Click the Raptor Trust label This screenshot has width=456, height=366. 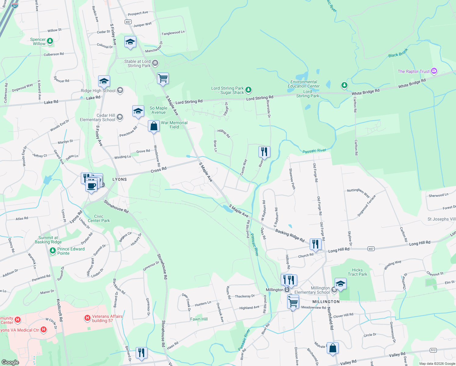pos(413,71)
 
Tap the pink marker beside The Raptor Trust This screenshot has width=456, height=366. pos(434,71)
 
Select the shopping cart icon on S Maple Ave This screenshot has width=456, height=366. pos(163,78)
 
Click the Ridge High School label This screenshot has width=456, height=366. pos(98,91)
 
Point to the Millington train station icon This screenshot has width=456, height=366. pos(287,290)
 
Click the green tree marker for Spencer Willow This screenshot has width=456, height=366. pos(50,41)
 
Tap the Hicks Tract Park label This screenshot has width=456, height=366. pos(357,272)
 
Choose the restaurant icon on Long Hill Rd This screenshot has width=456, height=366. pos(315,244)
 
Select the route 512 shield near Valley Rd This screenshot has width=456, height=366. pos(433,350)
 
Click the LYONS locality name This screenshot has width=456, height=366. pos(119,179)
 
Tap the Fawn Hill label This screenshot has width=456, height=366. pos(199,319)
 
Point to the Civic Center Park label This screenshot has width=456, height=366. pos(99,218)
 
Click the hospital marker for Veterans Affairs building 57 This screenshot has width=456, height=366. pos(87,318)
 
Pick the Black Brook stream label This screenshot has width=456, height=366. pos(398,53)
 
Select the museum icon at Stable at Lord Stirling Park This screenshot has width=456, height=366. pos(155,63)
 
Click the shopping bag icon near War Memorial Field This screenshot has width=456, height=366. pos(154,126)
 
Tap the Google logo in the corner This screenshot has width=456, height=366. pos(10,362)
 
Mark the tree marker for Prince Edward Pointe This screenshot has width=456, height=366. pos(53,251)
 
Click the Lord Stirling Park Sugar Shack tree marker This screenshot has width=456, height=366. pos(248,90)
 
